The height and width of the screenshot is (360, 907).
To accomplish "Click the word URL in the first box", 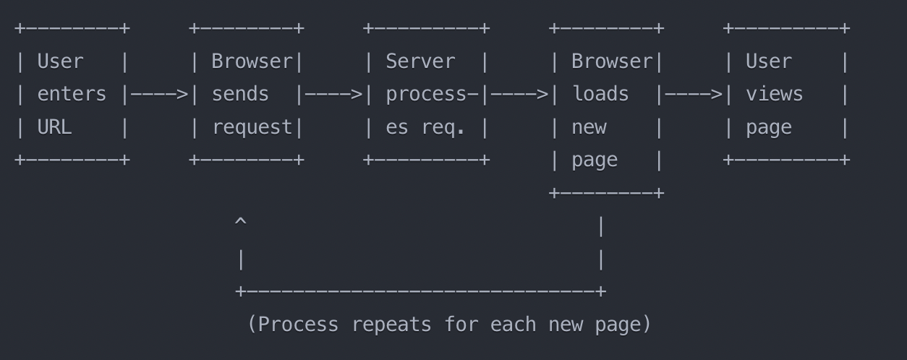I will click(54, 128).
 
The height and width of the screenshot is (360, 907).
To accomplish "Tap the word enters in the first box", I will click(72, 95).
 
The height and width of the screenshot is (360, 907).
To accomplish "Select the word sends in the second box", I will click(240, 95).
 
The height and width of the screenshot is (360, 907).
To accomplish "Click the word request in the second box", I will click(252, 128).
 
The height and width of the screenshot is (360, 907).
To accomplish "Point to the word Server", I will click(420, 61).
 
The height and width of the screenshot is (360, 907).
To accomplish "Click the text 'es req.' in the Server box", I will click(425, 128).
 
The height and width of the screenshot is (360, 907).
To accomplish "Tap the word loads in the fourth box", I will click(600, 95).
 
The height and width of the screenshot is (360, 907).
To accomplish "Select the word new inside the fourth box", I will click(589, 128).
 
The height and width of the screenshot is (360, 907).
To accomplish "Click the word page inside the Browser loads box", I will click(595, 160).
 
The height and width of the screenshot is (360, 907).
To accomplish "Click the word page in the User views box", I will click(768, 128).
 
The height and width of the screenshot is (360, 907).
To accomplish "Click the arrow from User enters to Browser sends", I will click(159, 95).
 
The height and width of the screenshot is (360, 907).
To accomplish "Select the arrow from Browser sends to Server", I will click(333, 95).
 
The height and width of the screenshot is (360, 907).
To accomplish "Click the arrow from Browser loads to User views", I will click(694, 95).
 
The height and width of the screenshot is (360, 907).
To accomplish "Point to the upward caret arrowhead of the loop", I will click(241, 223).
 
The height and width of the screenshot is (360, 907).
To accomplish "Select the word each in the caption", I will click(513, 325).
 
